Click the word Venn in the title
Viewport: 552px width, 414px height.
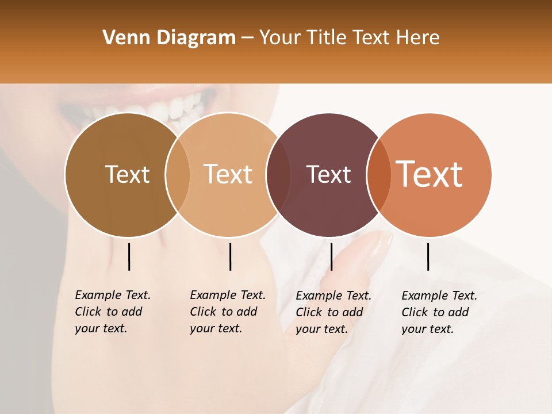click(x=123, y=38)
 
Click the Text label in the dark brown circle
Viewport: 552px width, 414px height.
click(x=127, y=175)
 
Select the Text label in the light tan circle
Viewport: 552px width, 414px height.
click(x=228, y=175)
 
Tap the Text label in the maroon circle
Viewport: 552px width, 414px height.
click(x=328, y=175)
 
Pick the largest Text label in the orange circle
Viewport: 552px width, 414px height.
click(x=430, y=174)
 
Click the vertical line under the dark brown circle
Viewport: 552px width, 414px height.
click(x=129, y=256)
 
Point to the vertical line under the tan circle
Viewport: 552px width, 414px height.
click(x=230, y=256)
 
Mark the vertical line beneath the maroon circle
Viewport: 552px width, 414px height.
click(x=331, y=256)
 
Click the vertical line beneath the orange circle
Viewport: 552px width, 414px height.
click(x=428, y=256)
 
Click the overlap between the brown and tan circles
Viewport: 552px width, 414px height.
click(x=178, y=175)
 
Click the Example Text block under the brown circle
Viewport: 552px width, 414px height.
click(x=113, y=312)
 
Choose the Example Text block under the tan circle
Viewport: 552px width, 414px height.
click(x=228, y=312)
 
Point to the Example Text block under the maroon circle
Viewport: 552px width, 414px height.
click(x=333, y=312)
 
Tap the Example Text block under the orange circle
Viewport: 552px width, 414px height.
click(x=439, y=312)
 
